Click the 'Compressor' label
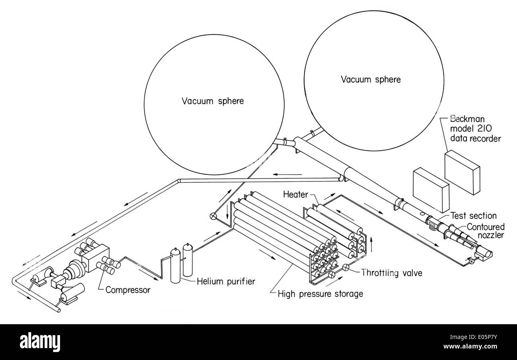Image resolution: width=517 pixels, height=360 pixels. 128,290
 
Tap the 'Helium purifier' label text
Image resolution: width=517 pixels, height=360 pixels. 226,282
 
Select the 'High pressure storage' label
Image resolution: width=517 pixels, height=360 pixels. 321,294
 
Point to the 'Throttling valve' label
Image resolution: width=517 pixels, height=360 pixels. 392,273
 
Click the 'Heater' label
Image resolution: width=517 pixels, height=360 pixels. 295,195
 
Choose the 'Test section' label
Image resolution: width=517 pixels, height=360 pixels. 474,216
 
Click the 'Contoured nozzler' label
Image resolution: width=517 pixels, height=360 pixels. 486,231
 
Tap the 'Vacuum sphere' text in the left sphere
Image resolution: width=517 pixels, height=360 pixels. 213,101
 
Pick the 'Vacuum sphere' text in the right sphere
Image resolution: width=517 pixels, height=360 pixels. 371,80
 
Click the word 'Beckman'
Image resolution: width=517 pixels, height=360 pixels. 467,119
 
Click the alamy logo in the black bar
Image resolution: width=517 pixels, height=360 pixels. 40,342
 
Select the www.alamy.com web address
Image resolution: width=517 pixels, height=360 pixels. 470,346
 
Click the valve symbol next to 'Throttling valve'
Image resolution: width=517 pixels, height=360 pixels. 346,267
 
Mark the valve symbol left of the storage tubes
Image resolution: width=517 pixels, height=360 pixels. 213,216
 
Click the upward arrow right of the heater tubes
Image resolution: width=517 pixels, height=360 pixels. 371,244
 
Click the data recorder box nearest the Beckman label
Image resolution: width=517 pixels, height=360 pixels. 462,172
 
